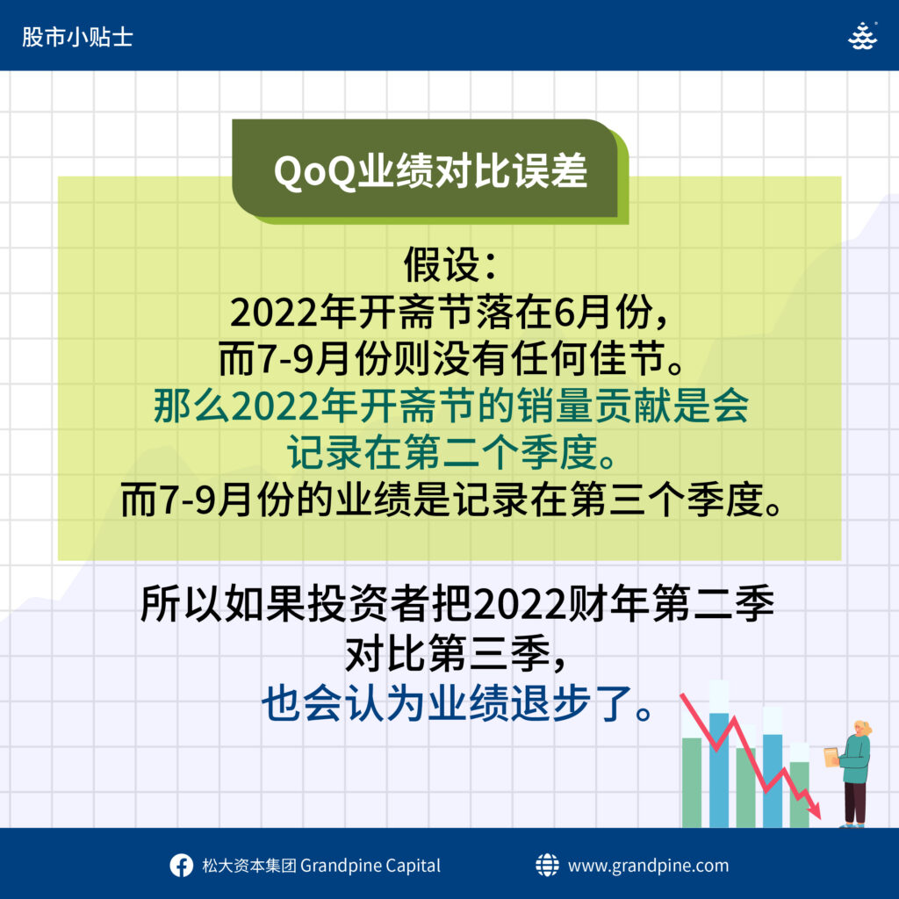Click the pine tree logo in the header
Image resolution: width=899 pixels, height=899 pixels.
(x=862, y=35)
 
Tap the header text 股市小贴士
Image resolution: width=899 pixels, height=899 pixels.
(x=77, y=37)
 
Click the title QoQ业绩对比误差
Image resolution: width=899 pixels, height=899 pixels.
(x=430, y=171)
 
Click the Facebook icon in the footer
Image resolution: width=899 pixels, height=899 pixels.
(x=181, y=865)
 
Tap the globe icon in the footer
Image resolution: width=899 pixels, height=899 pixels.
(x=547, y=865)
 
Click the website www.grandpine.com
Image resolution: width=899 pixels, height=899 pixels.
(x=649, y=866)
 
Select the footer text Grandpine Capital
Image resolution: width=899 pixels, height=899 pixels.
(x=370, y=866)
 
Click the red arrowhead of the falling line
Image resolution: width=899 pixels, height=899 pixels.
(x=816, y=810)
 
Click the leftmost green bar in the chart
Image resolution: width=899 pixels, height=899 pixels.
(x=692, y=782)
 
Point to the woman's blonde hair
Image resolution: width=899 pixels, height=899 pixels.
(x=864, y=728)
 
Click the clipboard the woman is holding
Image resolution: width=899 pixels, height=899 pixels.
(x=832, y=756)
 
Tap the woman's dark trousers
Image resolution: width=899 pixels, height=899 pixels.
(x=855, y=802)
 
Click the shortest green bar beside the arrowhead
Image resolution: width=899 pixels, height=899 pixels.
(x=799, y=795)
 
